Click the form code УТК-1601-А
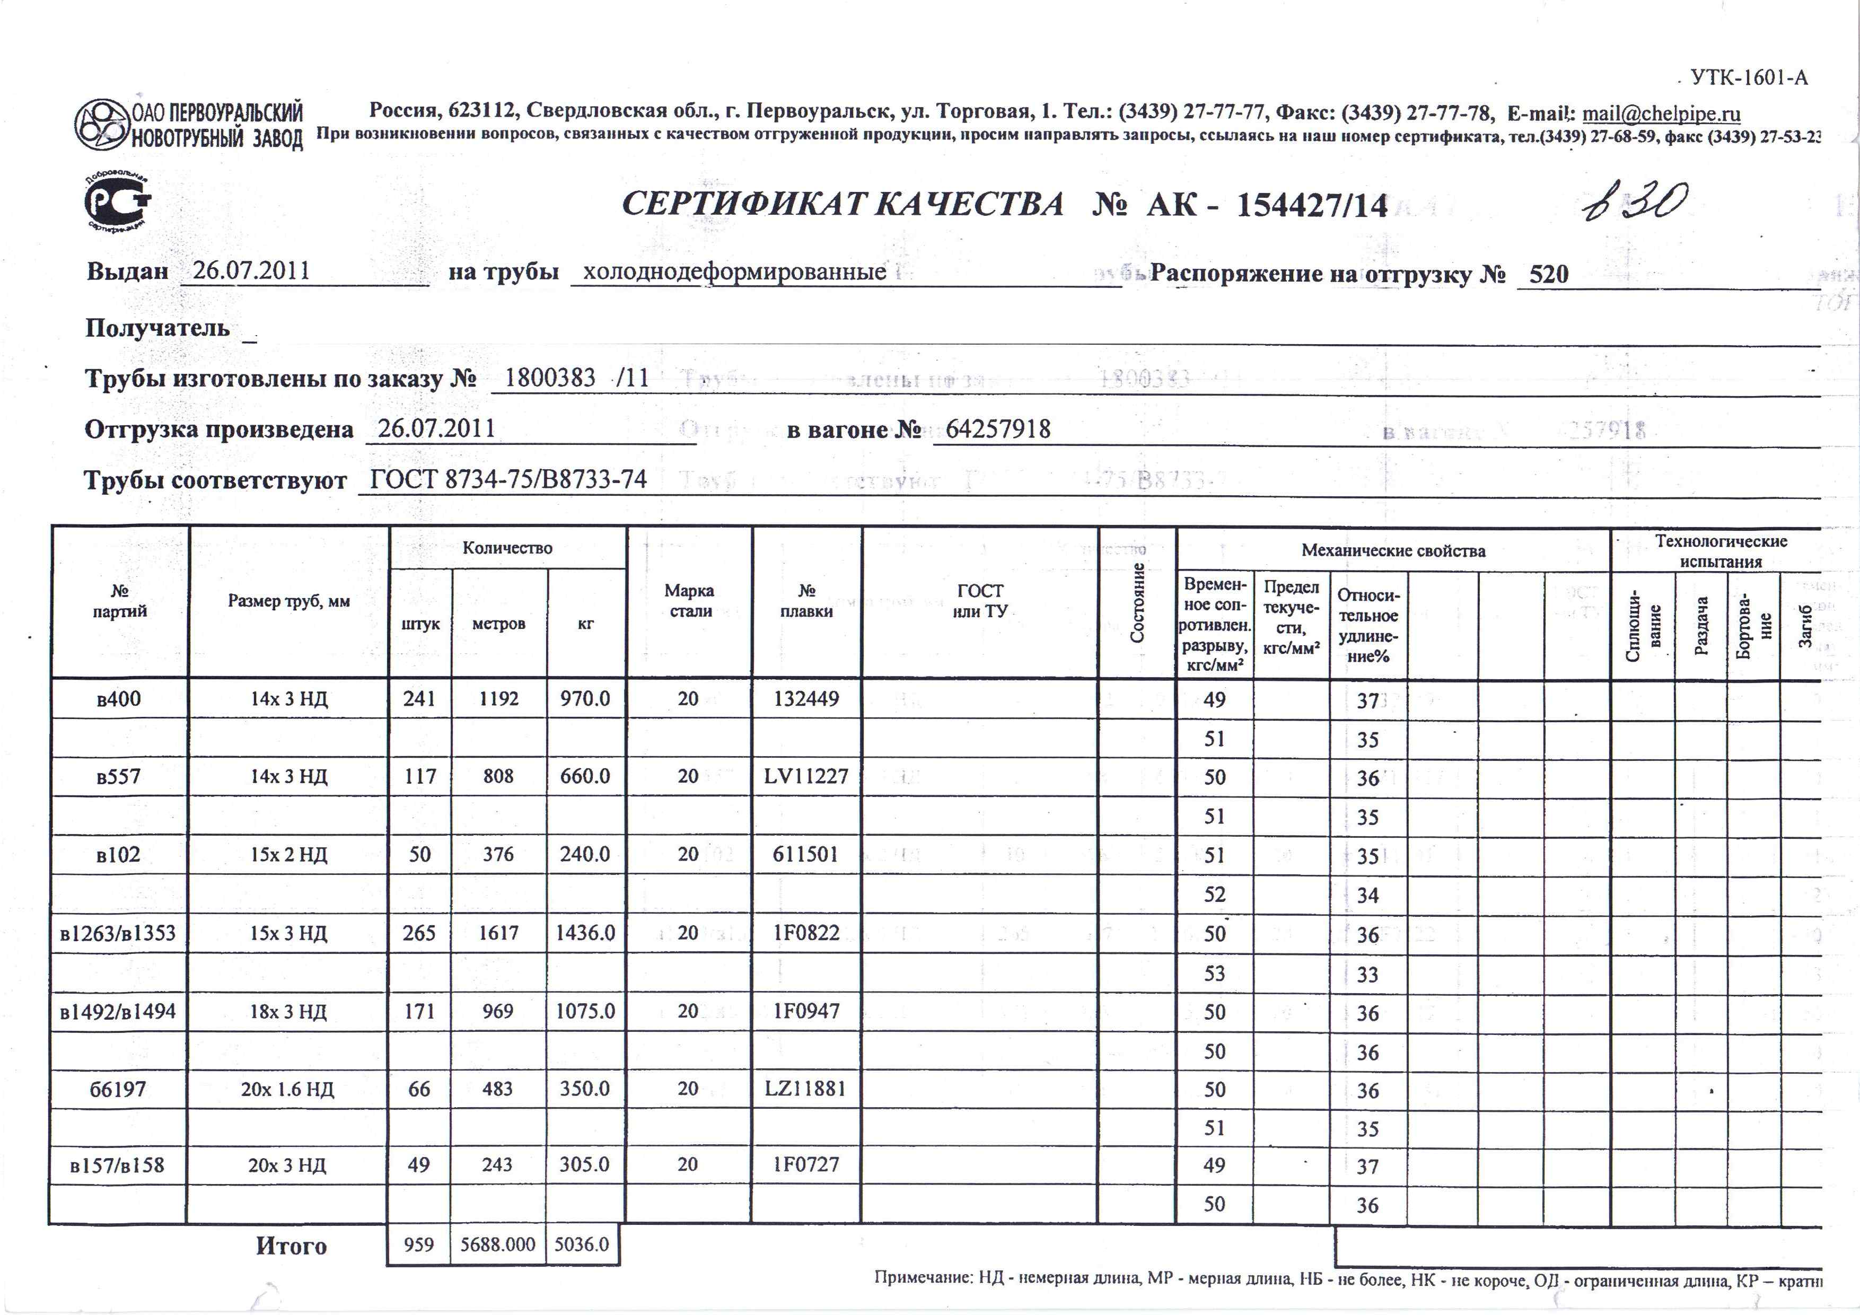[1748, 78]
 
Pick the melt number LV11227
[806, 776]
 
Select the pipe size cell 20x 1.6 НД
[287, 1089]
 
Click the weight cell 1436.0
[585, 933]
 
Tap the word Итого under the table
[291, 1246]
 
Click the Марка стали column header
[689, 600]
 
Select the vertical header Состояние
[1137, 602]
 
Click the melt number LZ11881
[805, 1088]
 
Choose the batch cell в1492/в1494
[118, 1011]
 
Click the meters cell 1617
[498, 933]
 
